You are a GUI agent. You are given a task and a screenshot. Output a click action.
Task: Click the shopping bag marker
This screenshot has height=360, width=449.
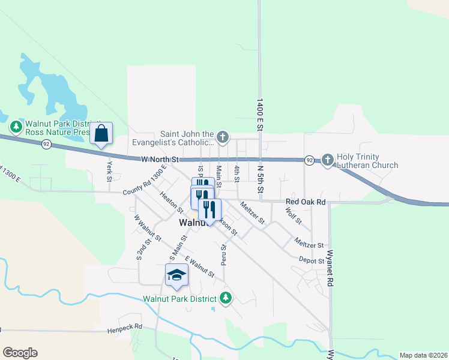pyautogui.click(x=101, y=134)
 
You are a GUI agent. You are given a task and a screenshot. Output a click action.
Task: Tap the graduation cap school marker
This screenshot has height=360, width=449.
pyautogui.click(x=176, y=274)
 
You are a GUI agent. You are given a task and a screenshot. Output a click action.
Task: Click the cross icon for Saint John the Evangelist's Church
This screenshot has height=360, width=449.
pyautogui.click(x=223, y=138)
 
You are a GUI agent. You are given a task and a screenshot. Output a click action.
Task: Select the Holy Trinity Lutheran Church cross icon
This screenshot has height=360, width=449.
pyautogui.click(x=328, y=160)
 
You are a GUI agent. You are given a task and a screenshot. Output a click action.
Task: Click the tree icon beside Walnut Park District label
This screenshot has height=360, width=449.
pyautogui.click(x=226, y=298)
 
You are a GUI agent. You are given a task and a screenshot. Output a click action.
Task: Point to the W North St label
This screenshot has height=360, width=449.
pyautogui.click(x=160, y=160)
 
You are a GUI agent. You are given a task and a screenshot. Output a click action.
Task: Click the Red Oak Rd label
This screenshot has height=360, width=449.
pyautogui.click(x=306, y=202)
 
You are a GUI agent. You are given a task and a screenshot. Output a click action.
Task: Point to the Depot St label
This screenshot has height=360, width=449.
pyautogui.click(x=312, y=260)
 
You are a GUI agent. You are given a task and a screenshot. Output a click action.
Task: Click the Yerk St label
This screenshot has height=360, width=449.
pyautogui.click(x=109, y=171)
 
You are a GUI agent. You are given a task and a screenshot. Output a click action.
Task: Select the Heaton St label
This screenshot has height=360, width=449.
pyautogui.click(x=172, y=202)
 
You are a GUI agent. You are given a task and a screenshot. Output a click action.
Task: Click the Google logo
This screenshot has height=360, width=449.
pyautogui.click(x=20, y=353)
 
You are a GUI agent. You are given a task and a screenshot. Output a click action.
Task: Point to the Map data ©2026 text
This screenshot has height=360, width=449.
pyautogui.click(x=423, y=355)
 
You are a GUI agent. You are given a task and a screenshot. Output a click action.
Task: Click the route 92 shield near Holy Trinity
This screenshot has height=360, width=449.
pyautogui.click(x=309, y=160)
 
